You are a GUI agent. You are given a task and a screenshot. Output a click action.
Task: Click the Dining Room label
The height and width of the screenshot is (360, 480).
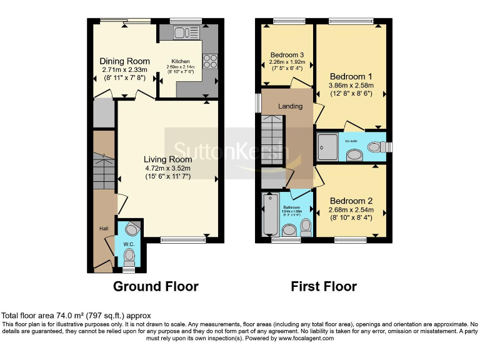point(125,61)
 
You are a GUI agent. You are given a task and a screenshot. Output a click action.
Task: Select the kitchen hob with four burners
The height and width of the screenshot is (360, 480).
point(209,61)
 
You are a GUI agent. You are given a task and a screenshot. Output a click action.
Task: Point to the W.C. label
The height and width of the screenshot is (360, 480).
point(129,243)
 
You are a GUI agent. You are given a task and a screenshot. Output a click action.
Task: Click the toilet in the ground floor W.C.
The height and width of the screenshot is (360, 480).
point(129,255)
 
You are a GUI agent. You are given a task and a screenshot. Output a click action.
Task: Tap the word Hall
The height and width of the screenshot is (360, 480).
point(104,229)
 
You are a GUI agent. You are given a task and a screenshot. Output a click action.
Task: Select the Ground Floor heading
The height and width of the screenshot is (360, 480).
point(156,287)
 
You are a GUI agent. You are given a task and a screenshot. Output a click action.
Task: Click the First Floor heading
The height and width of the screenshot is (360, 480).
point(324,287)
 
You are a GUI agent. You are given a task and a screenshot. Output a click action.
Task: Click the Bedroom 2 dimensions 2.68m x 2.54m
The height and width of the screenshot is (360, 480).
point(351,210)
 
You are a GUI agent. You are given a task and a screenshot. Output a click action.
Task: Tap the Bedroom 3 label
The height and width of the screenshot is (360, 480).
point(287,54)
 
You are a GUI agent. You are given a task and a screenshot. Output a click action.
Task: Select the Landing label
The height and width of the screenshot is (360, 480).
point(290,106)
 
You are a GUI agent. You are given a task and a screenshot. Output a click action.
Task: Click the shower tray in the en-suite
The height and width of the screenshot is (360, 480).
point(328,146)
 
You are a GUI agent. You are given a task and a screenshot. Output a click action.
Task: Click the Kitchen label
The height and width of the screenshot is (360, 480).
point(181,61)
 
